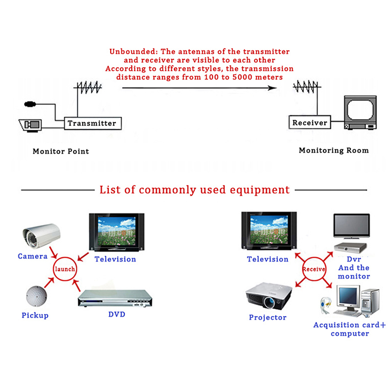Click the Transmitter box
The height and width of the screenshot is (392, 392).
92,123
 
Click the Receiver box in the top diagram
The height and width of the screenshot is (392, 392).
309,122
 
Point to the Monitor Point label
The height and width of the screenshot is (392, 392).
61,151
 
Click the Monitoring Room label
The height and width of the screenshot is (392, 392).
333,150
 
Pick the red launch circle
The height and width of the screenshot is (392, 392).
65,269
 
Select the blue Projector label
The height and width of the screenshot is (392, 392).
268,318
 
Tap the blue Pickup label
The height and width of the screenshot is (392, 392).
35,316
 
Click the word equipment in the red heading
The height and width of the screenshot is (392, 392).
258,190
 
